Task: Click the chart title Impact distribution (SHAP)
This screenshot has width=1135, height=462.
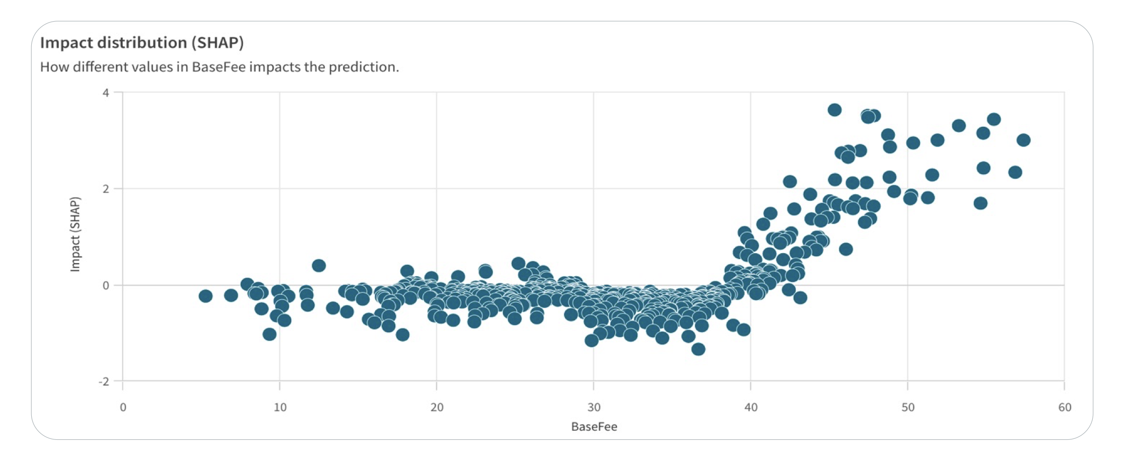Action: click(x=141, y=43)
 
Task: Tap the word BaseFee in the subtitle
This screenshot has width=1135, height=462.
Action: click(x=219, y=67)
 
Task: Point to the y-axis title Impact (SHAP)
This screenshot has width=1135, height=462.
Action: click(x=75, y=234)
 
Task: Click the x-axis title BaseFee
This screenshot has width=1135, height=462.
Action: click(x=594, y=427)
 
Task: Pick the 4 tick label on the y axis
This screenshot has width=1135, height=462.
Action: click(x=105, y=93)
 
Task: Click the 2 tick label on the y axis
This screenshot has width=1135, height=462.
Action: click(x=105, y=189)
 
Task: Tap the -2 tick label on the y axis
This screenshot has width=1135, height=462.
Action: click(x=103, y=381)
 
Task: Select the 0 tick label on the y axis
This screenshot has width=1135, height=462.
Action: click(x=105, y=285)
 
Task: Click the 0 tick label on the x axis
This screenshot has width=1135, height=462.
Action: click(x=123, y=407)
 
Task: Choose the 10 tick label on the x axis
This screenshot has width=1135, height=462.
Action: click(x=280, y=407)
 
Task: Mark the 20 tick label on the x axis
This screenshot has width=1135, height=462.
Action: click(x=437, y=407)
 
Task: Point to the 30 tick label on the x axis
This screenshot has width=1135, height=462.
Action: click(x=594, y=407)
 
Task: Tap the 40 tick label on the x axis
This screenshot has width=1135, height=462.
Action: click(x=751, y=407)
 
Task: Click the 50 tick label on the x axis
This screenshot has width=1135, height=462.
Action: click(x=907, y=407)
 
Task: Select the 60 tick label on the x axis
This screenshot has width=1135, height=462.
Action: click(x=1065, y=407)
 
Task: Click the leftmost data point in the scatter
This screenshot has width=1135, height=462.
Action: click(x=205, y=296)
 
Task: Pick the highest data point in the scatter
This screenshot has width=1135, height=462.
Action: click(x=834, y=110)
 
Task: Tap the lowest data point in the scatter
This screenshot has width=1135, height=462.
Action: click(x=698, y=349)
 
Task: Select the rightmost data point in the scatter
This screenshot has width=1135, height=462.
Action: click(x=1023, y=140)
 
